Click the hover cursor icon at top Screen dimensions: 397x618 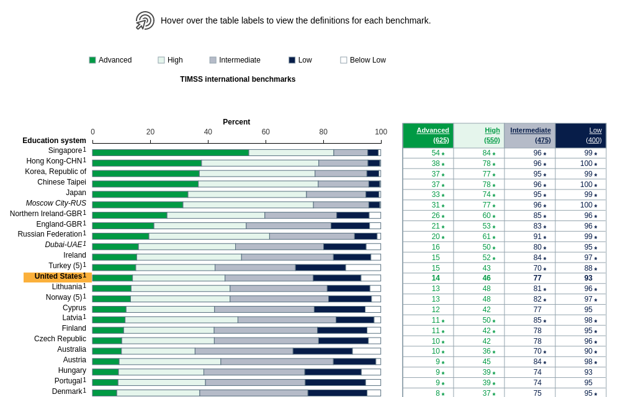(145, 20)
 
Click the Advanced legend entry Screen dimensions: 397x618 (110, 60)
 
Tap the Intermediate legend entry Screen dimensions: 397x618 (235, 60)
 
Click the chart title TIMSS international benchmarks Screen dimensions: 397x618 (238, 79)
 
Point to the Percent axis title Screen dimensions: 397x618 (236, 122)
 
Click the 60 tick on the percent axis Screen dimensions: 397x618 (266, 132)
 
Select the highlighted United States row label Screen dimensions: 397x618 (58, 277)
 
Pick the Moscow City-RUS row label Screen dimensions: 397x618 (56, 203)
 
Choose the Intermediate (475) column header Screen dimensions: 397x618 (530, 135)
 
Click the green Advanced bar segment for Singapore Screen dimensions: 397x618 (171, 152)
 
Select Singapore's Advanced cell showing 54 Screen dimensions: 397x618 (436, 153)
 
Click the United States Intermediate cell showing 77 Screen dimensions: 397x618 (537, 278)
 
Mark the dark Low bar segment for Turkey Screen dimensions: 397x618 (320, 268)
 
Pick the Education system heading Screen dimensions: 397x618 (54, 141)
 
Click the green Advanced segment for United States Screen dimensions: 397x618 (112, 278)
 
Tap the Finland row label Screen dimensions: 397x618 (74, 328)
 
